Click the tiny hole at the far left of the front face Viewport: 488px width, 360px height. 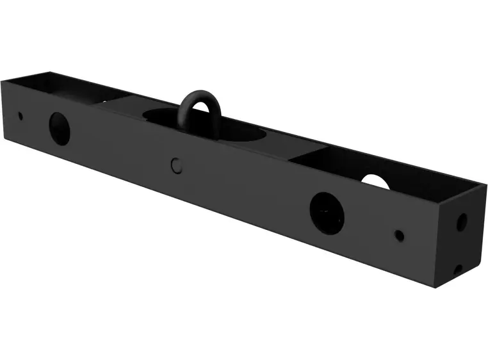[x=20, y=116]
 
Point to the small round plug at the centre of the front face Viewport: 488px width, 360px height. [x=177, y=165]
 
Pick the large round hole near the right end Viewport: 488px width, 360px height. [x=327, y=213]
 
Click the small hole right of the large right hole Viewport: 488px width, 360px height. [x=399, y=235]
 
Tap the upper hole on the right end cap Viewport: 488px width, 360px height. [x=461, y=222]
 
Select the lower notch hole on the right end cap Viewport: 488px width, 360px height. [x=458, y=269]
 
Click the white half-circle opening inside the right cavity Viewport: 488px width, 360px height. [x=375, y=182]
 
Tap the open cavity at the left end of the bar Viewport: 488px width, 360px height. [x=58, y=90]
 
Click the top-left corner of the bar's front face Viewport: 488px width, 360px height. [x=2, y=80]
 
